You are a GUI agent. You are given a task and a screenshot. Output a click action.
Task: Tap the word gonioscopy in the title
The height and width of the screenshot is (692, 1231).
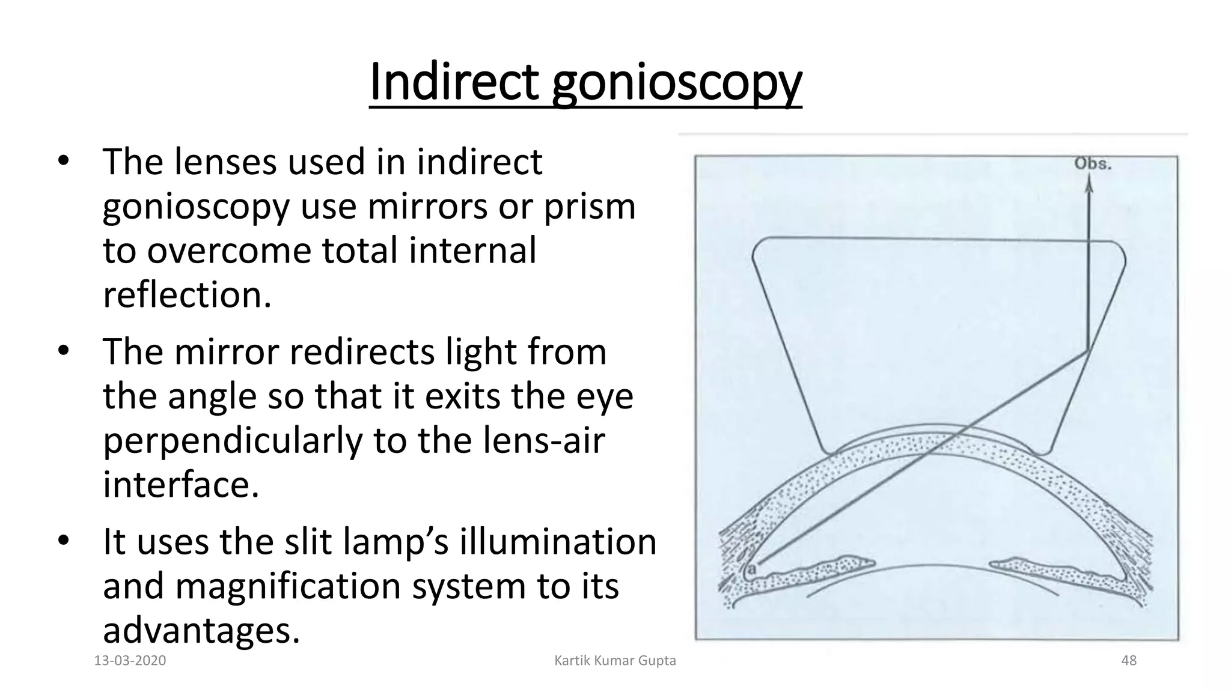676,84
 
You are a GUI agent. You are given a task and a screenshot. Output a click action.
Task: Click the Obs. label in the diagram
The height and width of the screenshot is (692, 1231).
1093,164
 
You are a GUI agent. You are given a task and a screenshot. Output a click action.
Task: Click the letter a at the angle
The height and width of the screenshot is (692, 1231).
751,568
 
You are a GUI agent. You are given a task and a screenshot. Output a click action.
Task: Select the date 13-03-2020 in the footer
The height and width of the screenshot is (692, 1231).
130,661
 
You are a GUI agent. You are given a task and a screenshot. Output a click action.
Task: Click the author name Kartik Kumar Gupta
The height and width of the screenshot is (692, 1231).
615,661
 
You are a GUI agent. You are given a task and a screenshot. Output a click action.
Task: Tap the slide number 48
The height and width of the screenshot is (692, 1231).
1129,661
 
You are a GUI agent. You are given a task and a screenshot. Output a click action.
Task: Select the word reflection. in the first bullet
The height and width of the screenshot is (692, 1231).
187,295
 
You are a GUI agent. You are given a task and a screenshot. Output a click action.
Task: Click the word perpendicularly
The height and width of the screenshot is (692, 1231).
233,441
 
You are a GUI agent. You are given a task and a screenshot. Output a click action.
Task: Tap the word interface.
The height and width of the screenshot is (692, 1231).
181,485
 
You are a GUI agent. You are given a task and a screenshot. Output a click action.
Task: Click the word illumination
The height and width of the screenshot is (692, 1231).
558,541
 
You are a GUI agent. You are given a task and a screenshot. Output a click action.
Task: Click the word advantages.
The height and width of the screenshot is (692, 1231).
201,630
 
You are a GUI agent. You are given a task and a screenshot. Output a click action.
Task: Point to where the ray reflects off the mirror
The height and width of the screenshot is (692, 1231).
1089,351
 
